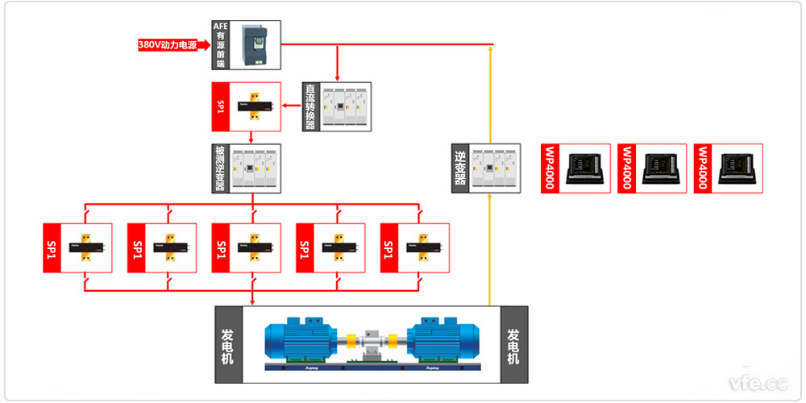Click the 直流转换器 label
pos(310,106)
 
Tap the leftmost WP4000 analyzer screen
pos(586,168)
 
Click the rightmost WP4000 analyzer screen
pos(737,168)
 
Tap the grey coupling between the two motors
pos(372,343)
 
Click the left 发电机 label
pos(227,345)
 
